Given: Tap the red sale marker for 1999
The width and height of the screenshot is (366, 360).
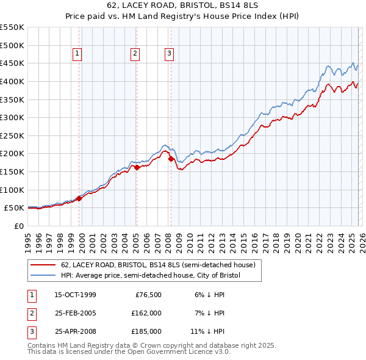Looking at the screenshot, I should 79,198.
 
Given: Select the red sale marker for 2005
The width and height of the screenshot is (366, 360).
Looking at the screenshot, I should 137,167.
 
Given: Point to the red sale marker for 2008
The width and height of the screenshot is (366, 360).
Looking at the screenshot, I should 171,159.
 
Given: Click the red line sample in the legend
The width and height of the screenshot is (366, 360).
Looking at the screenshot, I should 44,264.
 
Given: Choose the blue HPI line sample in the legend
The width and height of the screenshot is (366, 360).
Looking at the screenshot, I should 44,275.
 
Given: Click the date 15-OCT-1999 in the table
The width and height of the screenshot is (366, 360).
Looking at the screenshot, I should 75,295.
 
